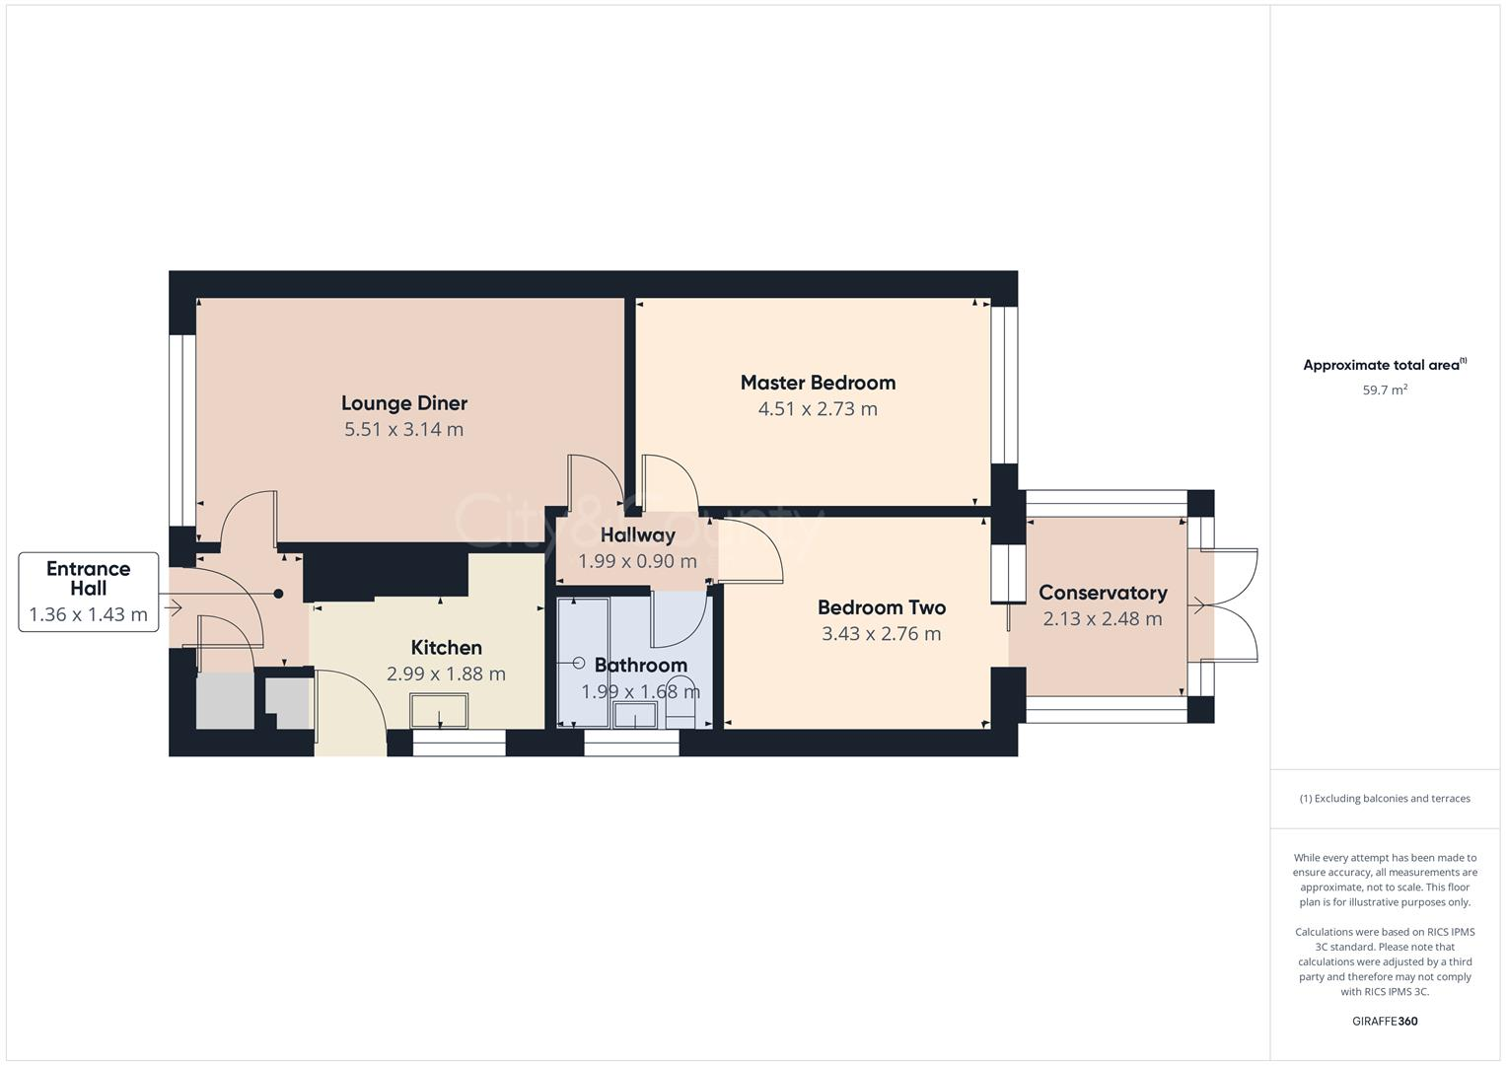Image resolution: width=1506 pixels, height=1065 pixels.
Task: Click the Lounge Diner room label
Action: coord(404,403)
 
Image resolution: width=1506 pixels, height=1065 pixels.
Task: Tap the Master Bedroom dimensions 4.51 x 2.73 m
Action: coord(818,409)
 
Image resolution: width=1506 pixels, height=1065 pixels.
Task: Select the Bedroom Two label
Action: coord(882,608)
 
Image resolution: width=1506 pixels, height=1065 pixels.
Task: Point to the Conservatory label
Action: coord(1103,593)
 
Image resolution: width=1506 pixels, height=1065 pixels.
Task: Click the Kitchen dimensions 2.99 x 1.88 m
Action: coord(447,674)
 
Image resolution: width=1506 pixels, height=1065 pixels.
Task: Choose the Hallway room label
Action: coord(638,535)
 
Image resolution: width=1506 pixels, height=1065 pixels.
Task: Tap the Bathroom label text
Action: coord(641,666)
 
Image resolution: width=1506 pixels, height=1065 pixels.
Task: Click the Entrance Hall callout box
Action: coord(89,592)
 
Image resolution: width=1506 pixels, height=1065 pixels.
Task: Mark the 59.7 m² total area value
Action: coord(1385,390)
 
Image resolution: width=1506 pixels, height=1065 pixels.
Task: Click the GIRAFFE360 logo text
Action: coord(1385,1022)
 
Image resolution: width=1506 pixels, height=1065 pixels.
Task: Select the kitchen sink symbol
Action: coord(439,710)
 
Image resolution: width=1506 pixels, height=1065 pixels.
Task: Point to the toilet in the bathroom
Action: coord(681,703)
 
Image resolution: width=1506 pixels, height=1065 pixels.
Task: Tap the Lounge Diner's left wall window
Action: coord(181,430)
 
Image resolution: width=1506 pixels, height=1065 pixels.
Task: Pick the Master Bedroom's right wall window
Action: coord(1004,385)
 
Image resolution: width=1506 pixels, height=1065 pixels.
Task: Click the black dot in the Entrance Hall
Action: coord(278,594)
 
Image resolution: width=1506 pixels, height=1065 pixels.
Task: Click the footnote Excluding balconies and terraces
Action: coord(1385,799)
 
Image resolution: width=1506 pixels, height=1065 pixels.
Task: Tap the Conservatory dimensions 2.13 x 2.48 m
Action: coord(1103,619)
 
